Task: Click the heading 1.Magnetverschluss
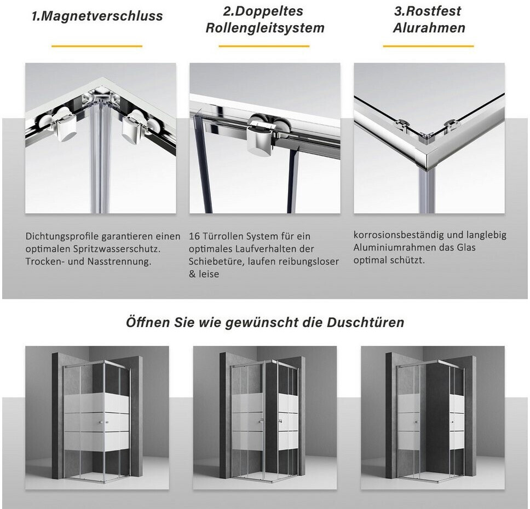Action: (x=97, y=16)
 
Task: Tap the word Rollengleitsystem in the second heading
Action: (x=265, y=28)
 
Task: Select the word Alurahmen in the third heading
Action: (x=429, y=28)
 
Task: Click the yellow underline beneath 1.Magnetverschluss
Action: (x=97, y=46)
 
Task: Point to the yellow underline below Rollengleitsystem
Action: (x=264, y=46)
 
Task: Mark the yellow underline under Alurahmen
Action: (x=428, y=46)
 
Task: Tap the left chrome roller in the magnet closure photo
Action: (x=63, y=124)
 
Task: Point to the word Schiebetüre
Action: (x=216, y=261)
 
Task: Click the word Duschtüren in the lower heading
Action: (x=365, y=323)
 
